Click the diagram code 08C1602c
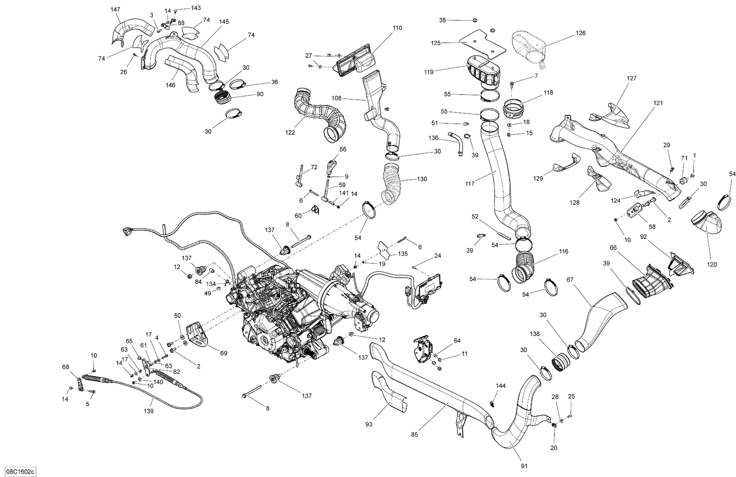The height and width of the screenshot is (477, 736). coord(18,472)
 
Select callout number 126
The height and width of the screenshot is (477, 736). coord(580,33)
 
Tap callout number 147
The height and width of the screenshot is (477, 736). coord(115,10)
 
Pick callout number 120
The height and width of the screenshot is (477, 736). coord(712,265)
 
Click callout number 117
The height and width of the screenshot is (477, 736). coord(470,184)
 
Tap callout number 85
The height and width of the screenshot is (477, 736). coord(415,434)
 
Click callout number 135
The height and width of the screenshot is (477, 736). coord(402,254)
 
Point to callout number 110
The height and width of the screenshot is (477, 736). coord(397,28)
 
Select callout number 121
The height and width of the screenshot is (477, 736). coord(657,103)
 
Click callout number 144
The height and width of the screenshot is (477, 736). coord(500,386)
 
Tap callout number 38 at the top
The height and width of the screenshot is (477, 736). coord(443,20)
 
